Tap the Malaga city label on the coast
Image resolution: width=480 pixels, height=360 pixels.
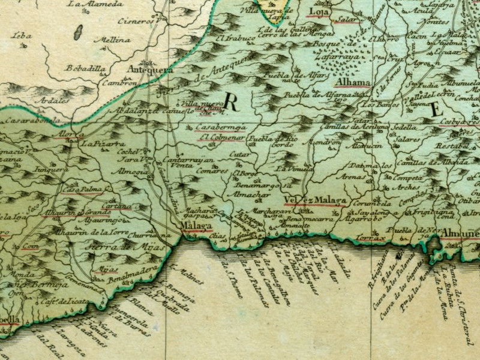(x=197, y=226)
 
